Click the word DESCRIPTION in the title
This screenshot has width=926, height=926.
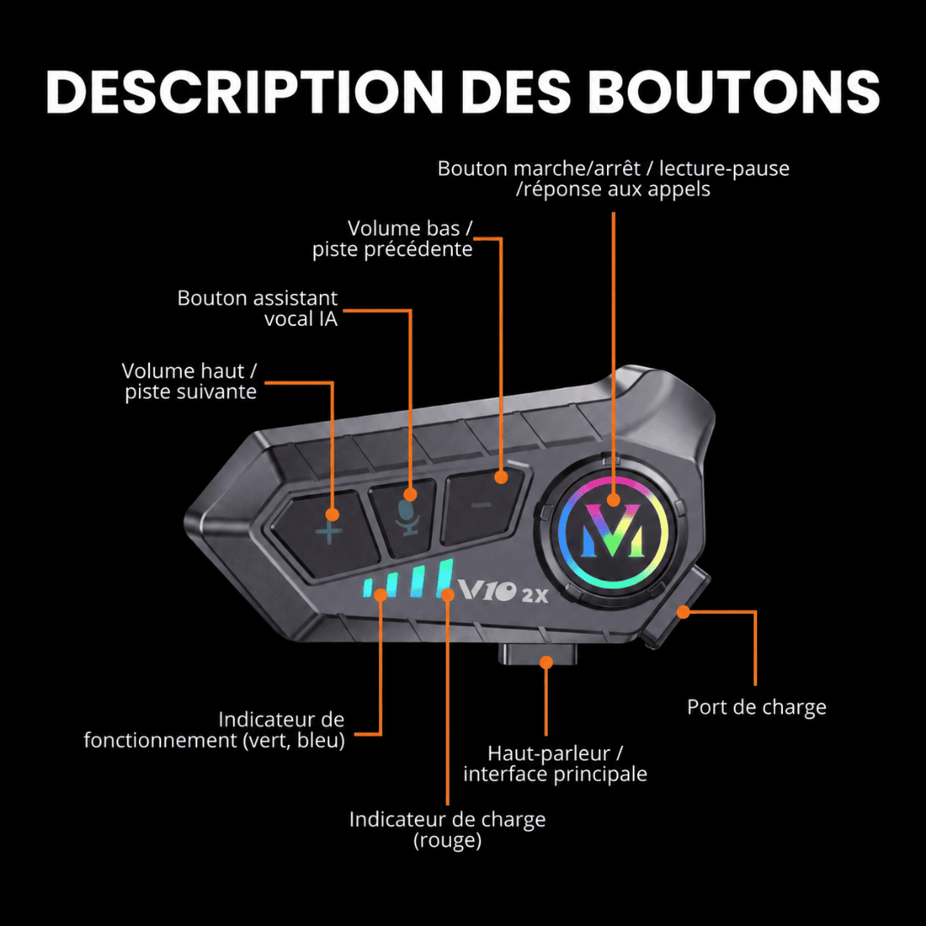(244, 92)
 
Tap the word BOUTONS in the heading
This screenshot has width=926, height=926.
(734, 92)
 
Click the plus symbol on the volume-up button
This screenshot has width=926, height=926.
(328, 532)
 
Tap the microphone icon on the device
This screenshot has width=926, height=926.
(407, 518)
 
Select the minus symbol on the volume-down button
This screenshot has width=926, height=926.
(482, 504)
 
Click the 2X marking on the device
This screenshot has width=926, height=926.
(535, 596)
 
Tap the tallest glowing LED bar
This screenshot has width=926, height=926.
(445, 579)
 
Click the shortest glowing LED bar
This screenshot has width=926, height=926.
(368, 588)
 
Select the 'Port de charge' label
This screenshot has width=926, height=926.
(756, 707)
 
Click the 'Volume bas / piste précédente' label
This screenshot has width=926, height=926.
(393, 239)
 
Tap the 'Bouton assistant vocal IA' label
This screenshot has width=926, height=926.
(257, 309)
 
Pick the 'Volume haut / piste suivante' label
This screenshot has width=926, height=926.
(189, 381)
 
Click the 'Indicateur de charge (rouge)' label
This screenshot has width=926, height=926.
(447, 830)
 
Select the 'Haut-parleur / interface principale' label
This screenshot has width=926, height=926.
(555, 764)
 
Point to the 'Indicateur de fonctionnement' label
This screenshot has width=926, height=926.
(214, 730)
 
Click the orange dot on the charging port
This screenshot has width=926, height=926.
(683, 612)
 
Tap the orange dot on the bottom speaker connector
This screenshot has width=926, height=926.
(546, 662)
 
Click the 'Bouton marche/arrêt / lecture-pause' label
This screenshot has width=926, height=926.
(613, 169)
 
